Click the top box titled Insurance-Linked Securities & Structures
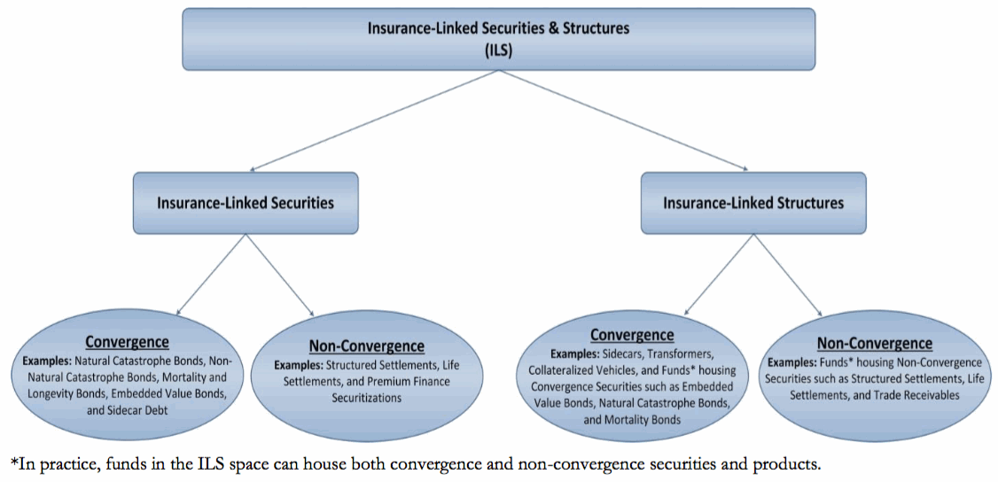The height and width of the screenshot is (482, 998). coord(498,39)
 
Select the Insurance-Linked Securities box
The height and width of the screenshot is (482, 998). coord(246,203)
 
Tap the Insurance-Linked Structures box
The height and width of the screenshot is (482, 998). coord(753,203)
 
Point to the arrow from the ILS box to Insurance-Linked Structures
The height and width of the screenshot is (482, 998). coord(624,120)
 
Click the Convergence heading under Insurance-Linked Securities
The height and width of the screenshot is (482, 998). coord(128,342)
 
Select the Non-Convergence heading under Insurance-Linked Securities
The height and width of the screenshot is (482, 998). coord(366,346)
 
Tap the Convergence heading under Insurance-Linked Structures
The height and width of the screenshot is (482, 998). coord(632,334)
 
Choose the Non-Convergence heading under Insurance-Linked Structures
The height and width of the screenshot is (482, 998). coord(875,344)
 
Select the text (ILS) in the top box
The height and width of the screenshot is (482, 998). coord(499,49)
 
